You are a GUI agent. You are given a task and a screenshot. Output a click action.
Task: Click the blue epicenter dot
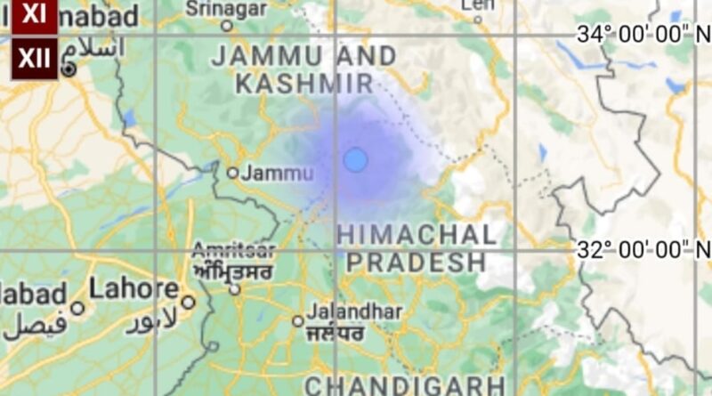point(355,160)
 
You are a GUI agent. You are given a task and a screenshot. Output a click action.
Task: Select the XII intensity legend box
point(34,60)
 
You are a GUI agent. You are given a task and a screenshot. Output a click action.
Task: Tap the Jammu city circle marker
point(232,173)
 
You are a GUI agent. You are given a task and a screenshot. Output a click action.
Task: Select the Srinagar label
point(226,8)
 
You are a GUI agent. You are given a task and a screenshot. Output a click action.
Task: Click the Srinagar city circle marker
point(226,26)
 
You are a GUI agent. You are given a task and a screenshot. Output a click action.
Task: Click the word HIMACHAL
point(417,235)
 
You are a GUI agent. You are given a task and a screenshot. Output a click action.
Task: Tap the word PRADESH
point(417,263)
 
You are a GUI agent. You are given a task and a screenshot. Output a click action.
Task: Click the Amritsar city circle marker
point(234,289)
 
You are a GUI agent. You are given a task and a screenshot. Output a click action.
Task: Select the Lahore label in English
point(133,289)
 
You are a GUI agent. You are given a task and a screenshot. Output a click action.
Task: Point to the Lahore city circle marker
point(188,302)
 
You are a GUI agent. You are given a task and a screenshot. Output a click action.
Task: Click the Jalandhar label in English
point(354,312)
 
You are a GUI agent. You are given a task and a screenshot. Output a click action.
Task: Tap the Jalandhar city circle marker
point(298,320)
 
